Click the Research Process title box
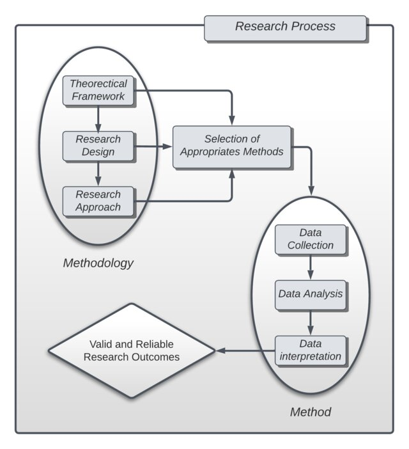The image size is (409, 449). (285, 28)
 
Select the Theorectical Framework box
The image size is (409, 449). (98, 90)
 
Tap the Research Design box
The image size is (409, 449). (98, 146)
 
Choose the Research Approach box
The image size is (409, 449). (98, 201)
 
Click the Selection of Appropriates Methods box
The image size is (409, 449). (232, 146)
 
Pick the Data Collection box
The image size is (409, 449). (310, 239)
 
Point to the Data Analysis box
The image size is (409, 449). (310, 295)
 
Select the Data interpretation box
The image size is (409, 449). (310, 350)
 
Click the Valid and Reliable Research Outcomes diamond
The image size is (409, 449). (131, 351)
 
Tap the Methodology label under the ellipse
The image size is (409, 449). (98, 263)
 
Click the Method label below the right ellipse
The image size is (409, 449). (311, 412)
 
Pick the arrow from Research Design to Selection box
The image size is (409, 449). (154, 146)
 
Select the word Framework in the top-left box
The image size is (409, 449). (98, 97)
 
